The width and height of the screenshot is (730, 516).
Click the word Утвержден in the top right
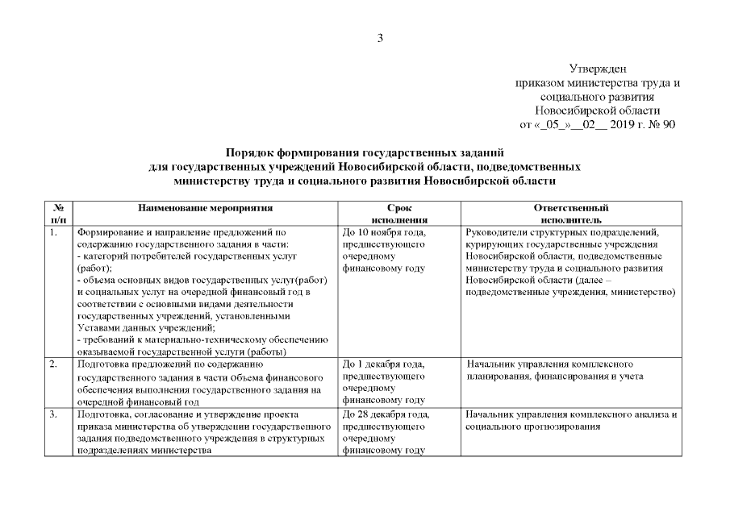point(599,70)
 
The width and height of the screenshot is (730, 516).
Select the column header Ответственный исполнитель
point(571,213)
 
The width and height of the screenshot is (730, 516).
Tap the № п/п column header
point(58,213)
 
